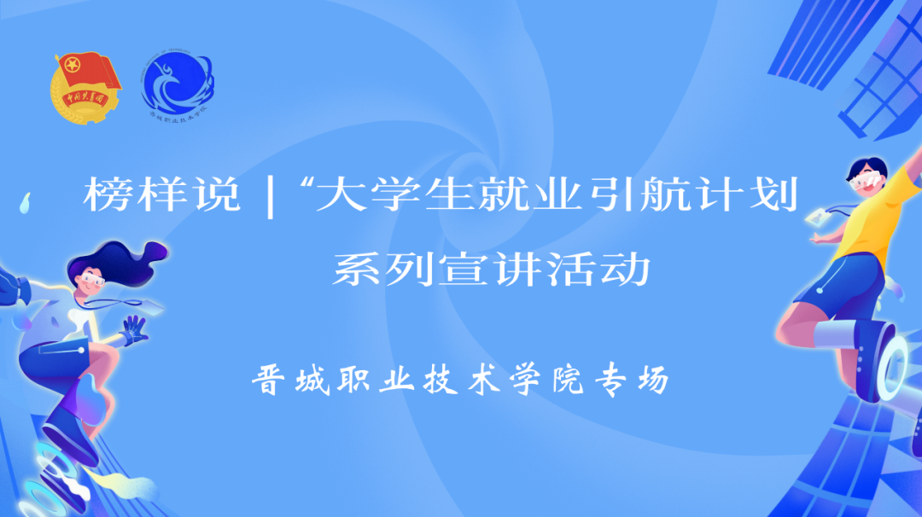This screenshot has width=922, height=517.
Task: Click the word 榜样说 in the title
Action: (161, 197)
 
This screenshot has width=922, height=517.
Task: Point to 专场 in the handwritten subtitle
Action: (629, 380)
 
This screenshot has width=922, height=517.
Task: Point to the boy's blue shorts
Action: (841, 282)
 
